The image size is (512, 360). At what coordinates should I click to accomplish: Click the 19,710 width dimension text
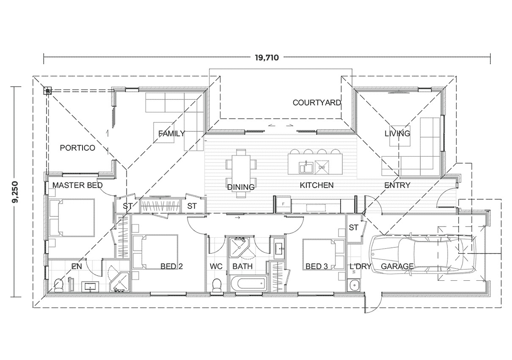pyautogui.click(x=267, y=58)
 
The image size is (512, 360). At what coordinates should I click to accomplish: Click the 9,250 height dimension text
pyautogui.click(x=16, y=192)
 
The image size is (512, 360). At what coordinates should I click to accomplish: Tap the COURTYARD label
pyautogui.click(x=317, y=102)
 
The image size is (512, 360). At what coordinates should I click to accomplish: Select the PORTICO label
pyautogui.click(x=77, y=148)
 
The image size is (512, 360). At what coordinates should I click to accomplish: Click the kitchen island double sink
pyautogui.click(x=306, y=167)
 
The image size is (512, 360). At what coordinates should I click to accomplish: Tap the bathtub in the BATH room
pyautogui.click(x=248, y=283)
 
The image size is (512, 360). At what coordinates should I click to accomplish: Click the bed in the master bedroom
pyautogui.click(x=72, y=218)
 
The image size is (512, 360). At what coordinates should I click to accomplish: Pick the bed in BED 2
pyautogui.click(x=155, y=252)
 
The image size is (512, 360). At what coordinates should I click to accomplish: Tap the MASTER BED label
pyautogui.click(x=77, y=185)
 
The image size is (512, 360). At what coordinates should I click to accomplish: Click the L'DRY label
pyautogui.click(x=361, y=266)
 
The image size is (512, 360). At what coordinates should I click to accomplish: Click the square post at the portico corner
pyautogui.click(x=48, y=90)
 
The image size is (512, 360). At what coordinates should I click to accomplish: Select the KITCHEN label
pyautogui.click(x=317, y=185)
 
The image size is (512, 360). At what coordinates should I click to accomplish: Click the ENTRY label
pyautogui.click(x=397, y=185)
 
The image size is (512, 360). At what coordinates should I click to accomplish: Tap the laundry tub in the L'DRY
pyautogui.click(x=355, y=286)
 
